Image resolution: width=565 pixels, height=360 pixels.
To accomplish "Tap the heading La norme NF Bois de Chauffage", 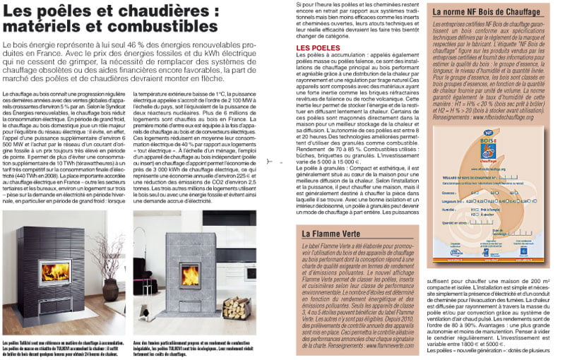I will tap(487, 12).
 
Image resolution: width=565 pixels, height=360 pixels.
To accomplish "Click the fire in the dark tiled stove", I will tap(56, 272).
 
